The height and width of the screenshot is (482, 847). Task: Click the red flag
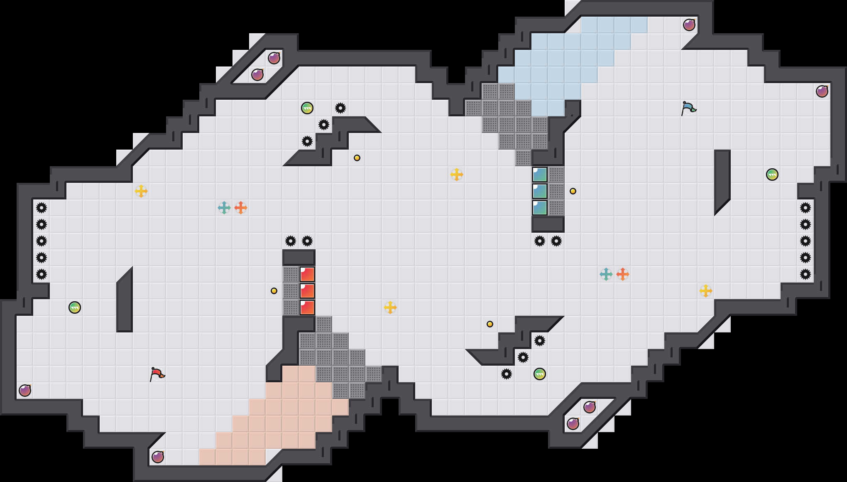click(157, 374)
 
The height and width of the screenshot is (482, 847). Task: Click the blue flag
click(688, 108)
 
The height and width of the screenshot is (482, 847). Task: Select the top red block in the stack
click(307, 274)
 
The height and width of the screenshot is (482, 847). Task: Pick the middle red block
click(307, 291)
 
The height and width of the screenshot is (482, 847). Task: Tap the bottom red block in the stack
click(307, 307)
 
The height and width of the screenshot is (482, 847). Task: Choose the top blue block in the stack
click(540, 175)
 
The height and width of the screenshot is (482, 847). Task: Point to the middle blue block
click(540, 191)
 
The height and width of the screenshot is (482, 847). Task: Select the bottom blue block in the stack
click(540, 208)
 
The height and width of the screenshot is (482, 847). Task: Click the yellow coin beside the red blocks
click(274, 291)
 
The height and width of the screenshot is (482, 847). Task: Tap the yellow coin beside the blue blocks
click(573, 191)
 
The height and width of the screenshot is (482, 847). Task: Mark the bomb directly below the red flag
click(158, 457)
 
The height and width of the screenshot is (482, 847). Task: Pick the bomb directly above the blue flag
click(689, 25)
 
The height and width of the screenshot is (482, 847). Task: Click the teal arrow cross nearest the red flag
click(224, 208)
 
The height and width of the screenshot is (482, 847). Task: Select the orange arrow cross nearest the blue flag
click(623, 274)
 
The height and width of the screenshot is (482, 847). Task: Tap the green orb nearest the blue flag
click(772, 175)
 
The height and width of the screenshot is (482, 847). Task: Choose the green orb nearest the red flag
click(75, 307)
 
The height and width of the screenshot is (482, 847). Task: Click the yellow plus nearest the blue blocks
click(457, 175)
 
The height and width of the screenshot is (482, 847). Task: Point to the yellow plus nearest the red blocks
click(390, 307)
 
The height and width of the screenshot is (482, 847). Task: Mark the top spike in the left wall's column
click(42, 208)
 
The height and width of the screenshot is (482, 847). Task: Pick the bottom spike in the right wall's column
click(805, 274)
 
